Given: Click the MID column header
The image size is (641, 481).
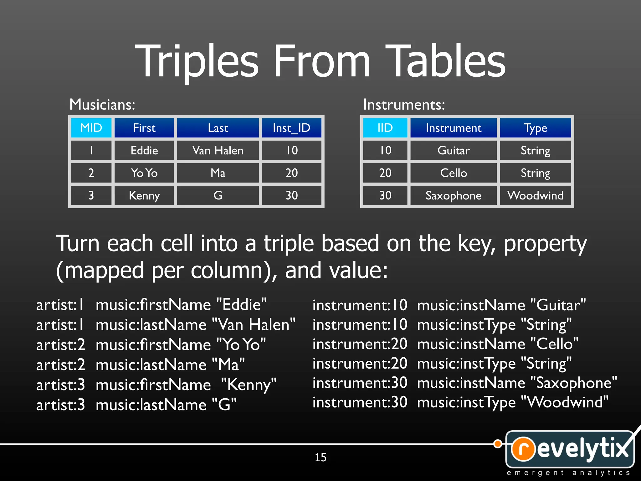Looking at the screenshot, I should point(91,128).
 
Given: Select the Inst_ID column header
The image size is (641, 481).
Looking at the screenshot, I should point(291,128).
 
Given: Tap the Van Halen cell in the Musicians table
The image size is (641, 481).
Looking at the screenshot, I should point(218,151).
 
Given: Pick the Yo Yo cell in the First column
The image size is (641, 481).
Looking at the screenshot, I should point(144,173).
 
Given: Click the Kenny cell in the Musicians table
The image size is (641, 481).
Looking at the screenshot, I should point(144,195).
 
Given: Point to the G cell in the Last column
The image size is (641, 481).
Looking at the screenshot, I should point(218,195).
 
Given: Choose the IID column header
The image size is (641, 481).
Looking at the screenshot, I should point(385,128).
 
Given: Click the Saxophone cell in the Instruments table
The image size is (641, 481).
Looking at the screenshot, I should point(454,195).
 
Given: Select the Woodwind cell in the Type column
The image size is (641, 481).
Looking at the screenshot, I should point(535,195).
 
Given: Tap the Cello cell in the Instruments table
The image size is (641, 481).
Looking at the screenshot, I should point(454,173).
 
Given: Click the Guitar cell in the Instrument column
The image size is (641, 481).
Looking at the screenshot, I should point(454,151).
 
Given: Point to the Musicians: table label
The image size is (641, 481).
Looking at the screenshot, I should point(102,105).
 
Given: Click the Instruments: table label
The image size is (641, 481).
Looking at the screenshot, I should point(404,105).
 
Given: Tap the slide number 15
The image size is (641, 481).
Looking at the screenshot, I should point(320,457).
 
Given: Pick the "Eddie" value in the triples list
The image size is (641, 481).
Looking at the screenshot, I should point(241,304).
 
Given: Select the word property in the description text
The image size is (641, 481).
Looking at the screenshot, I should point(545,244).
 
